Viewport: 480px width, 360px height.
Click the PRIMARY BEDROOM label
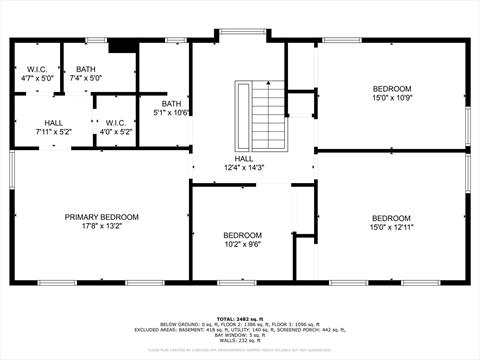click(x=101, y=217)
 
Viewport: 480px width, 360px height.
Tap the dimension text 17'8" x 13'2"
click(x=101, y=227)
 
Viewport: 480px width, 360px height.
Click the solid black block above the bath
click(x=121, y=45)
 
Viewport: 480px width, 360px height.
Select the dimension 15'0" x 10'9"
click(x=391, y=97)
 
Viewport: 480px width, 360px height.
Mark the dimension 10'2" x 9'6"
click(x=241, y=243)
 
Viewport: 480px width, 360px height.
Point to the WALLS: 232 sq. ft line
click(x=240, y=341)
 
